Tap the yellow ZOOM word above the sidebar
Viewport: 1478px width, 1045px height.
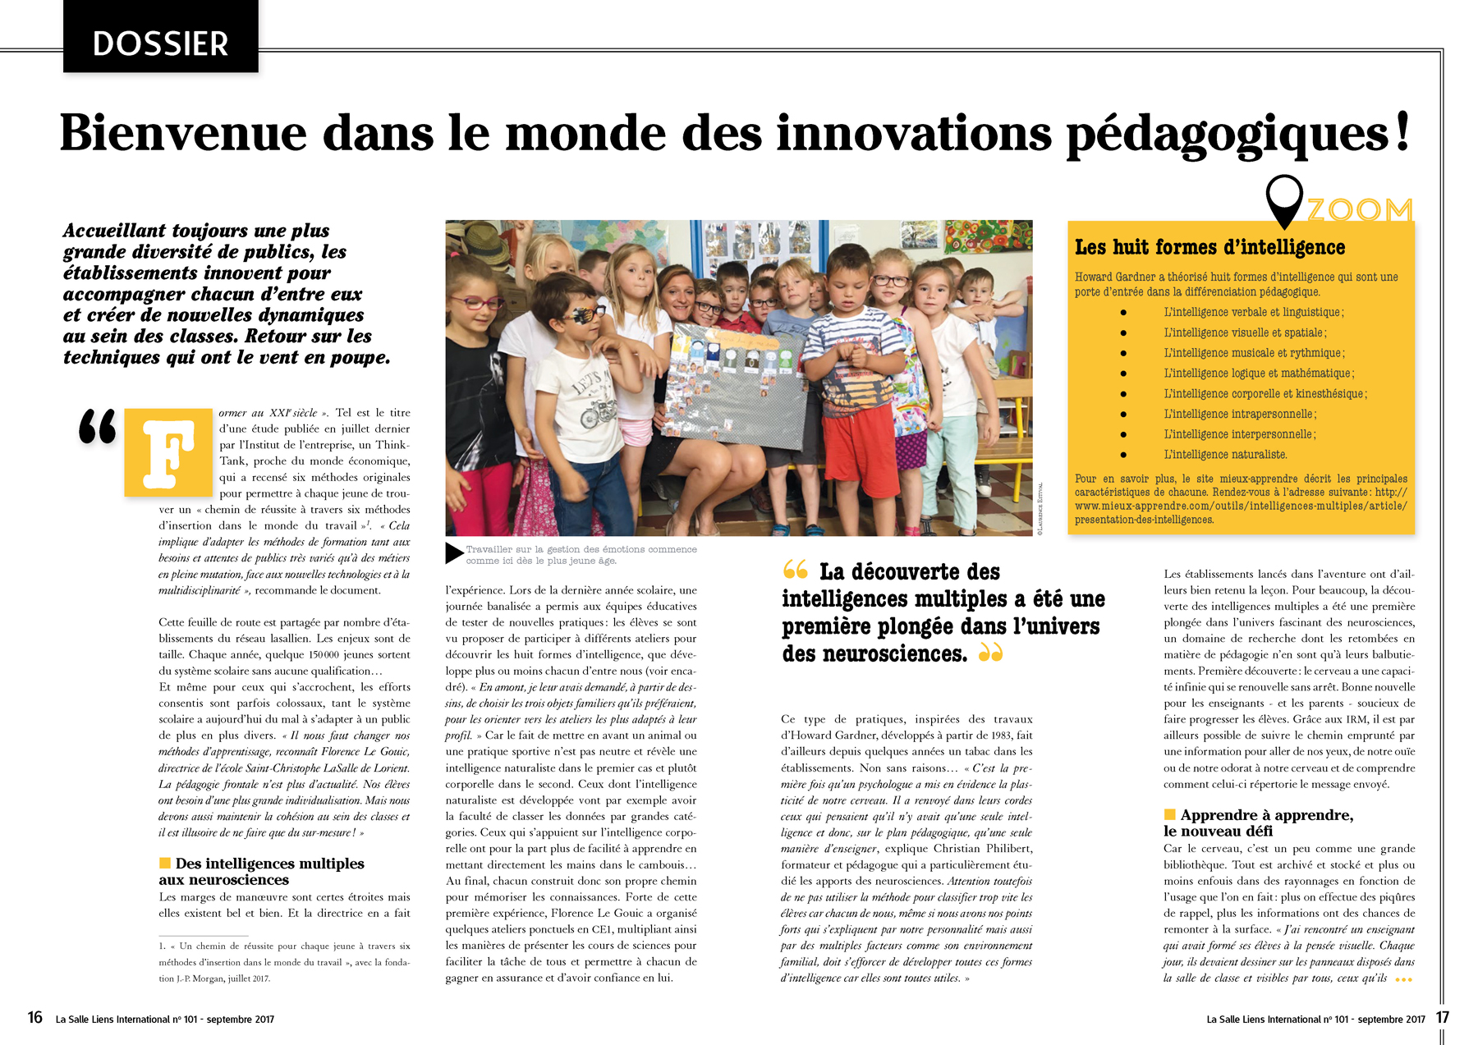(x=1359, y=210)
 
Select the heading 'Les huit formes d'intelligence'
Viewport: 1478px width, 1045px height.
(x=1209, y=247)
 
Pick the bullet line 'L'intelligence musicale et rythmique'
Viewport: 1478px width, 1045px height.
(x=1253, y=353)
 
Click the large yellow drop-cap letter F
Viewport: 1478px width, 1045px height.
(x=168, y=452)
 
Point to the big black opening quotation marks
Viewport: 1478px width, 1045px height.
(x=98, y=427)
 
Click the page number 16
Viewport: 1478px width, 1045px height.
(x=34, y=1018)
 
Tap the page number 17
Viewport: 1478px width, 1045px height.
(x=1443, y=1018)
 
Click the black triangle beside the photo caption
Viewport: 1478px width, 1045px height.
(x=454, y=553)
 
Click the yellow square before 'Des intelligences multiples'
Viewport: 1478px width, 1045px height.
(x=165, y=863)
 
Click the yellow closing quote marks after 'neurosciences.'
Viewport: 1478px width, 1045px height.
(x=991, y=653)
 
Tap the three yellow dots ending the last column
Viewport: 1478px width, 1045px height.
(x=1403, y=979)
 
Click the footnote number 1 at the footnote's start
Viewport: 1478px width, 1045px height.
(x=162, y=946)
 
